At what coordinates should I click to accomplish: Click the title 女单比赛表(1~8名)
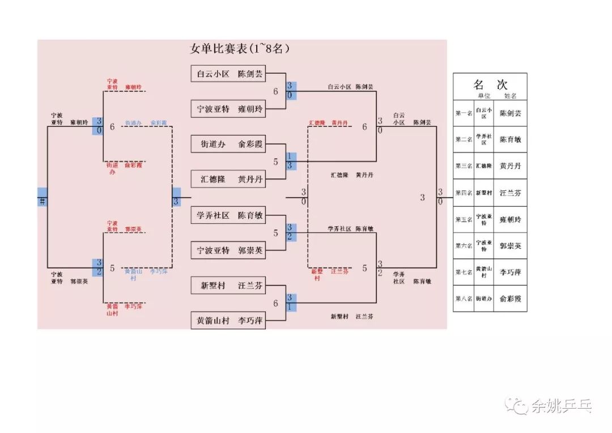240,49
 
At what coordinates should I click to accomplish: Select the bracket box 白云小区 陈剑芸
229,74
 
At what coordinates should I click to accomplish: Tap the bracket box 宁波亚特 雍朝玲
229,109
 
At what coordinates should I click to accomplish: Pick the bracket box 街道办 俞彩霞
229,144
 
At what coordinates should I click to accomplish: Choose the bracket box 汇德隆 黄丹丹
229,179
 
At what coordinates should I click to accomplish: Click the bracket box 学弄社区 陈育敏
229,215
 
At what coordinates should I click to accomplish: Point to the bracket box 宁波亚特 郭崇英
229,250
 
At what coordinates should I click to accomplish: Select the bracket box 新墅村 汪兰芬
229,286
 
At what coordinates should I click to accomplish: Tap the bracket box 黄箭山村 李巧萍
229,321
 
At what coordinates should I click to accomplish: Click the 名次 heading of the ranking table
490,84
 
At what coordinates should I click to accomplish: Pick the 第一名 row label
464,113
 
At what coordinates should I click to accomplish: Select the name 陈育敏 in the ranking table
510,139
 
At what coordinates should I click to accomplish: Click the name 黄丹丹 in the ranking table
510,166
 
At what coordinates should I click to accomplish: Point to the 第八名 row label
464,299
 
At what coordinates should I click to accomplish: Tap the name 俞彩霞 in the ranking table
510,299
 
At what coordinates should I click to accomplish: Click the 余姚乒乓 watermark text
561,406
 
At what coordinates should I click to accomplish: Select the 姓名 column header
510,96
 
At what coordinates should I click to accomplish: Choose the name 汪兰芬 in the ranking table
510,193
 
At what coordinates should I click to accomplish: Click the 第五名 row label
464,219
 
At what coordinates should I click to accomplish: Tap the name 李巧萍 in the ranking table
510,272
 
